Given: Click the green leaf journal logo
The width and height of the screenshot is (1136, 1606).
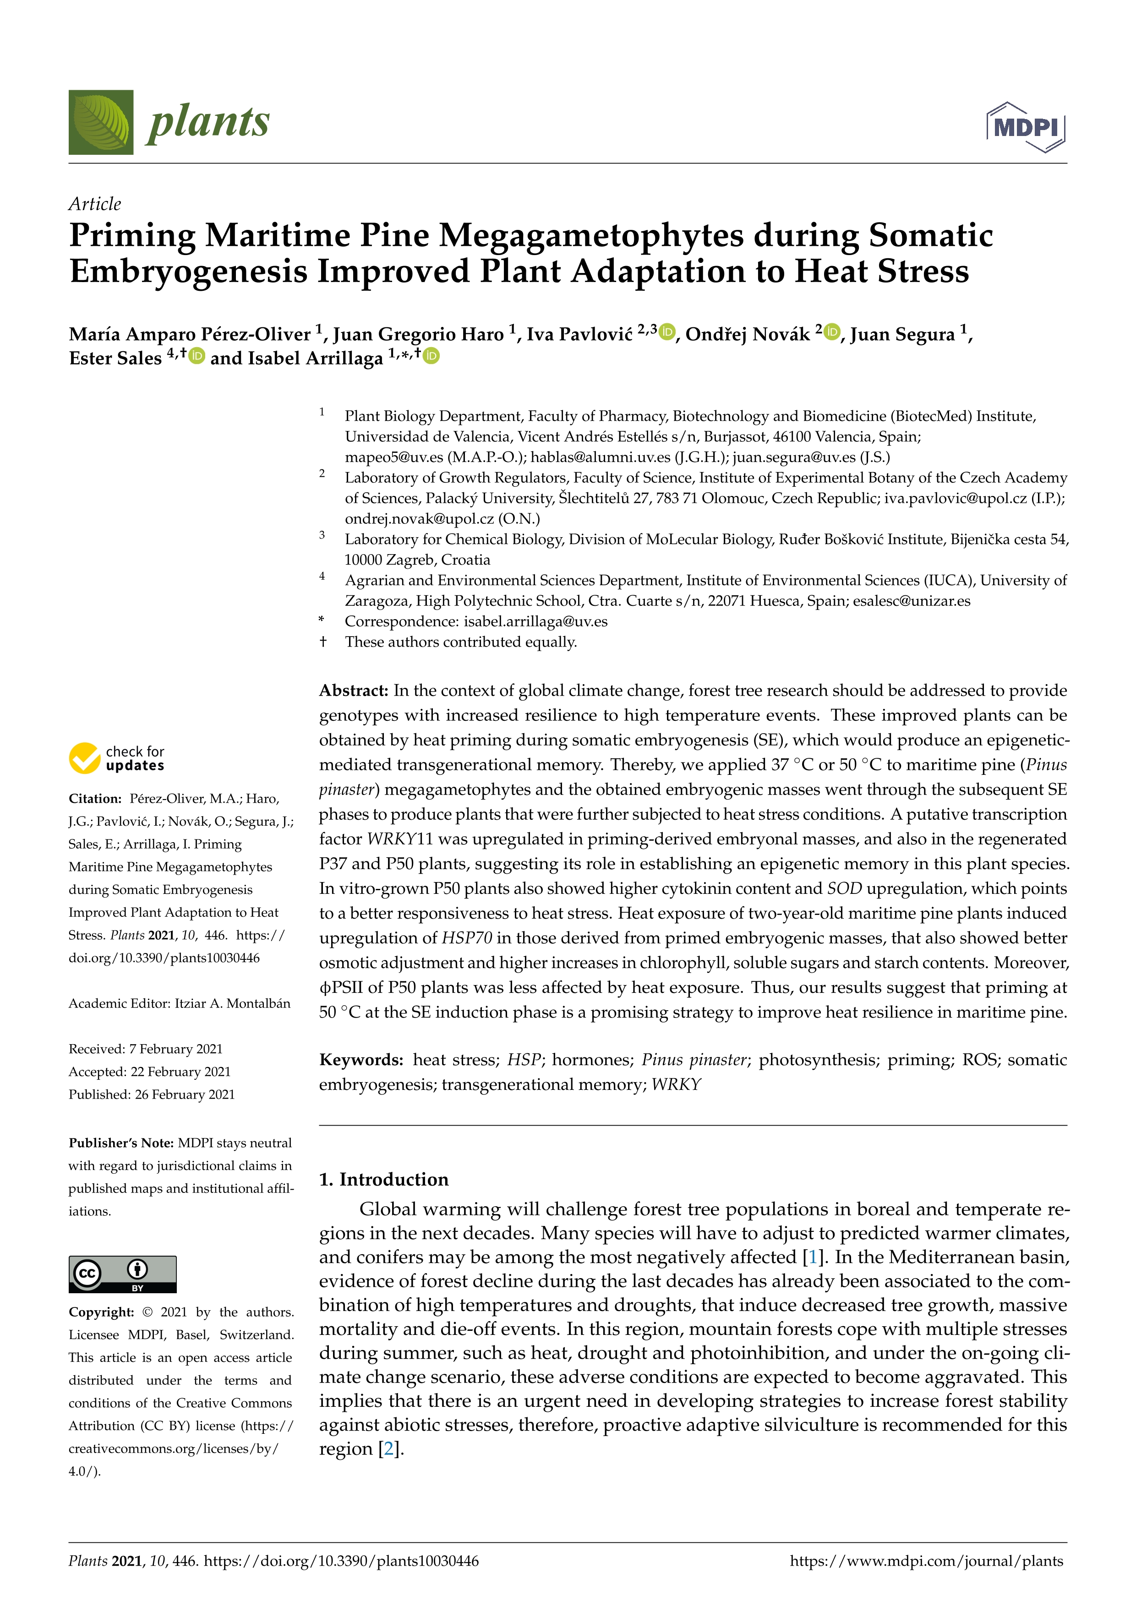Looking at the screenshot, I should [x=101, y=122].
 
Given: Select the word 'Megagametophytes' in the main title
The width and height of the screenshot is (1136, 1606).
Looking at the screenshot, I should [x=591, y=235].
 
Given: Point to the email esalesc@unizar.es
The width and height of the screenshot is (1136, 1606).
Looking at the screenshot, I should [x=912, y=601].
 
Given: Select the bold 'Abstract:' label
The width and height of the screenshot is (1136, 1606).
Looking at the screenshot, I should [x=353, y=691].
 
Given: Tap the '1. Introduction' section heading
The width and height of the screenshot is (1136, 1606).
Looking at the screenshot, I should [x=383, y=1179].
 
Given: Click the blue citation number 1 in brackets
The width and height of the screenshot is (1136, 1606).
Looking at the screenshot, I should [x=812, y=1257].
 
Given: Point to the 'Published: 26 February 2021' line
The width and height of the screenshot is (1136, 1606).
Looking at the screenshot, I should [x=152, y=1094].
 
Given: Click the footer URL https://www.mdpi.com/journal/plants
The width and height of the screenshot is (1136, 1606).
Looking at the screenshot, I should [x=926, y=1561].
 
